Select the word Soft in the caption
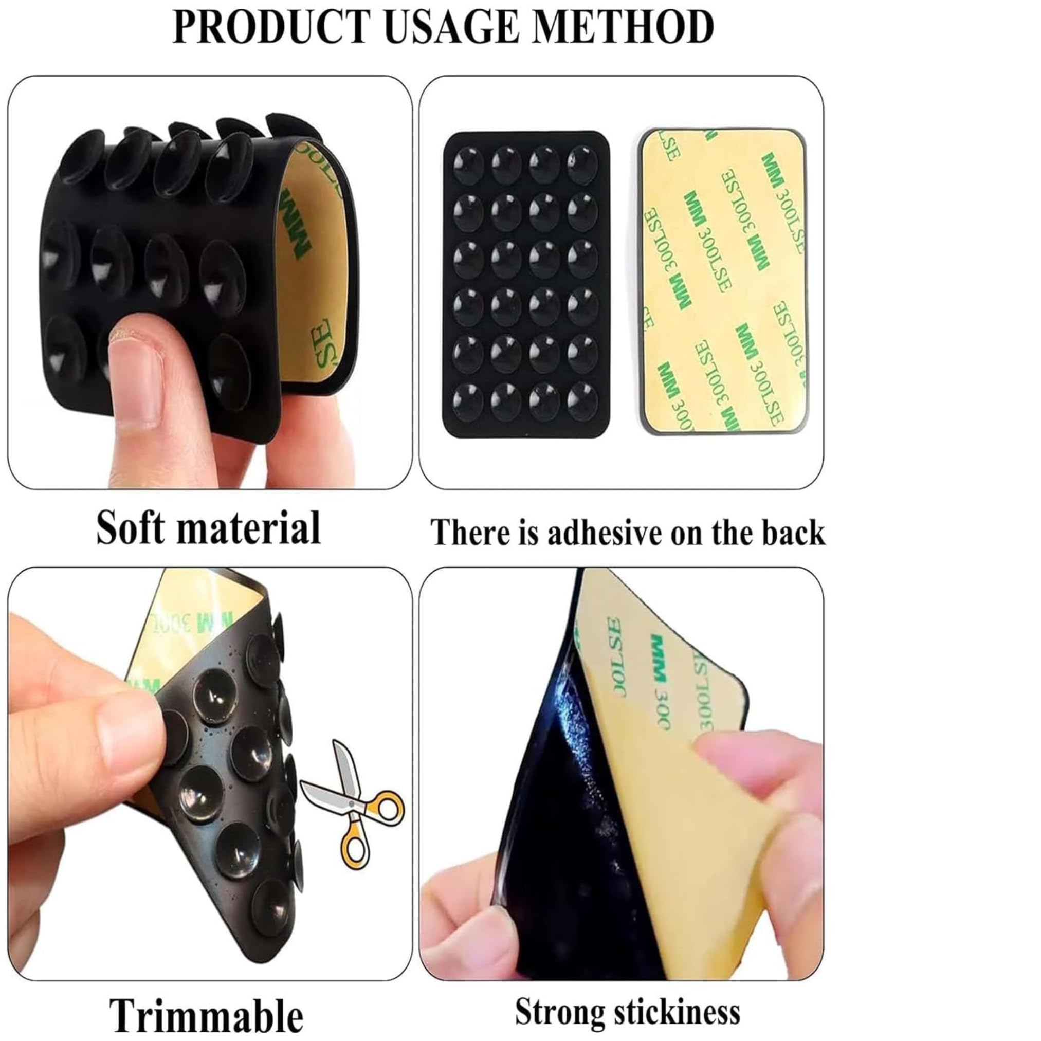click(137, 528)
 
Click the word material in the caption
click(256, 529)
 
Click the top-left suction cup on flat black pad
click(468, 164)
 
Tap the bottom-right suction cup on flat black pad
click(582, 401)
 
